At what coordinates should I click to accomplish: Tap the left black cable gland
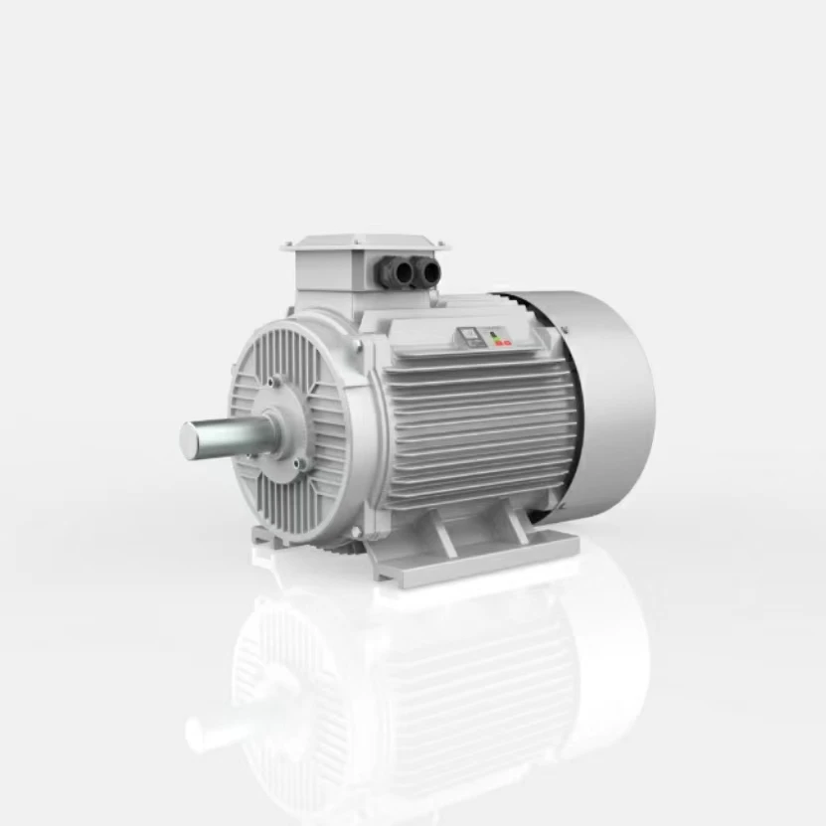[395, 269]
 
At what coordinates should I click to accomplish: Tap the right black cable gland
[425, 269]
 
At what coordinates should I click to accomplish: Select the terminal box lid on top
[365, 242]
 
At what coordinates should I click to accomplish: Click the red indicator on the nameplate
[506, 342]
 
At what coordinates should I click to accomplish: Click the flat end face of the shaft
[189, 438]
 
